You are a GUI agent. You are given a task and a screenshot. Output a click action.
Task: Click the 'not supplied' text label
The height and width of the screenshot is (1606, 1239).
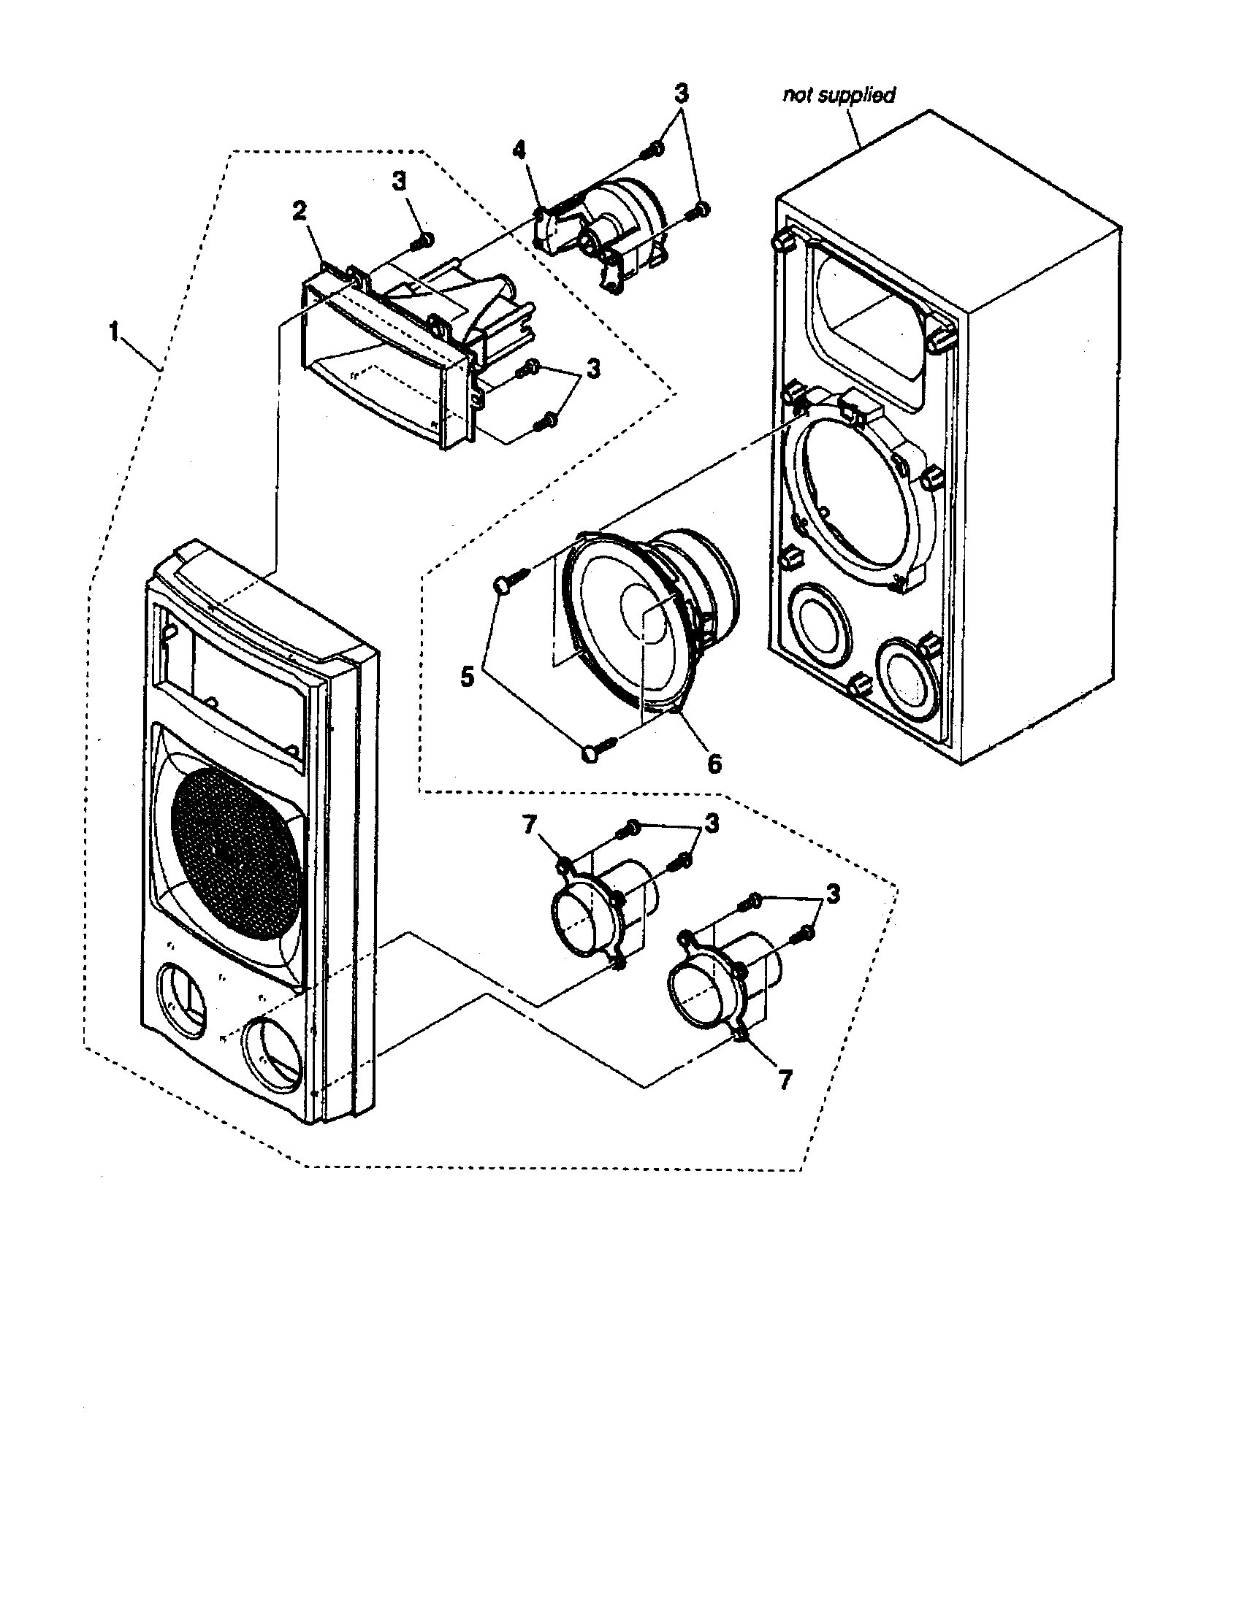click(x=839, y=96)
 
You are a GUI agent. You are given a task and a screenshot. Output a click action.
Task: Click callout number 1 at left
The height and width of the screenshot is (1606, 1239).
click(x=113, y=333)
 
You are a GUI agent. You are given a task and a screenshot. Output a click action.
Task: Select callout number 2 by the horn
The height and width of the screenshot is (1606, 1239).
click(x=299, y=211)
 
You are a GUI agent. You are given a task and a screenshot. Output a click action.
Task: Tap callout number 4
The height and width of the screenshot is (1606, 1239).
click(x=519, y=151)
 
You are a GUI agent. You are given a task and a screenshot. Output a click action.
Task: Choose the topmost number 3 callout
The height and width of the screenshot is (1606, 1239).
click(x=682, y=93)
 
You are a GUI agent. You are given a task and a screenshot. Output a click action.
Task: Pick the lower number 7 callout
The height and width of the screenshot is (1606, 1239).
click(x=785, y=1080)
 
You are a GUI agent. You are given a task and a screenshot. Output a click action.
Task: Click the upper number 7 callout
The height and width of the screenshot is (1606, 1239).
click(x=529, y=826)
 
